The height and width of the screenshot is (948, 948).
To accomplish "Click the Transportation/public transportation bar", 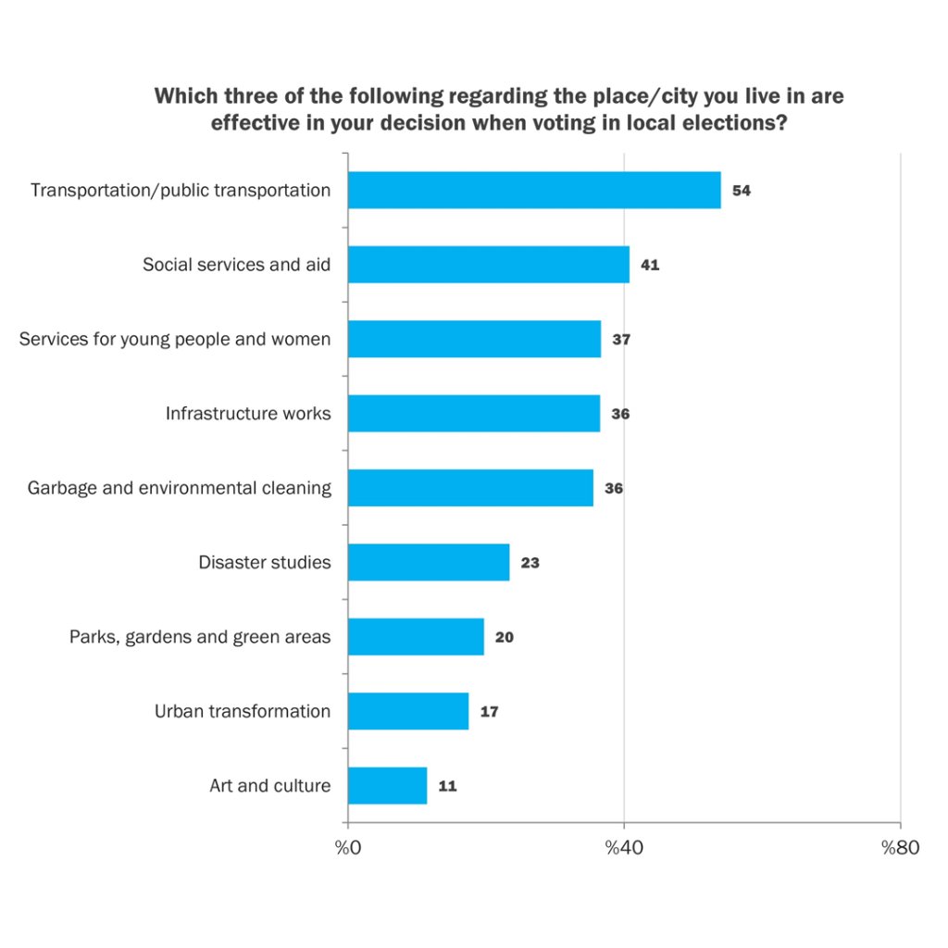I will (534, 190).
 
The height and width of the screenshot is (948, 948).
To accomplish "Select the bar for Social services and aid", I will (489, 265).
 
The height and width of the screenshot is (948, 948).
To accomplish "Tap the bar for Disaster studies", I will (429, 562).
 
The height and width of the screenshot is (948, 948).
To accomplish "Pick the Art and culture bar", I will (387, 786).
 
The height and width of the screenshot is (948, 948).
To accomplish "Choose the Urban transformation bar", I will (408, 711).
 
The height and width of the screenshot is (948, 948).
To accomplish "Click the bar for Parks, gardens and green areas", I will (416, 637).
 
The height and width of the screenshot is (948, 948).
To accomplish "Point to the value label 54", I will (741, 191).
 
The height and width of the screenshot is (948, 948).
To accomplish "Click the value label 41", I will (650, 266).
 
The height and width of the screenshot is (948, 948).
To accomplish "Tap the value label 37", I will (621, 340).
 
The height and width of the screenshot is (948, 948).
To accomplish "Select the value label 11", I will (448, 787).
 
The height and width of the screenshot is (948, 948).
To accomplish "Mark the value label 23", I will (530, 563).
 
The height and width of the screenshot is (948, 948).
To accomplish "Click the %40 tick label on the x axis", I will (623, 848).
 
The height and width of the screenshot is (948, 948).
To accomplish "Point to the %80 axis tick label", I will (900, 848).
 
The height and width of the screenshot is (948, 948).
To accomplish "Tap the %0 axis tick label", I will (348, 848).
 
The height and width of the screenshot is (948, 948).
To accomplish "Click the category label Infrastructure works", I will (248, 414).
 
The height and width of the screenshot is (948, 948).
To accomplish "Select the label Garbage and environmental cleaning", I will (180, 488).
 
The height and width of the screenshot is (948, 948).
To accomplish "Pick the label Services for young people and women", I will (175, 340).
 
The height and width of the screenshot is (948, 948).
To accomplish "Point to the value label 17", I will (489, 712).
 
